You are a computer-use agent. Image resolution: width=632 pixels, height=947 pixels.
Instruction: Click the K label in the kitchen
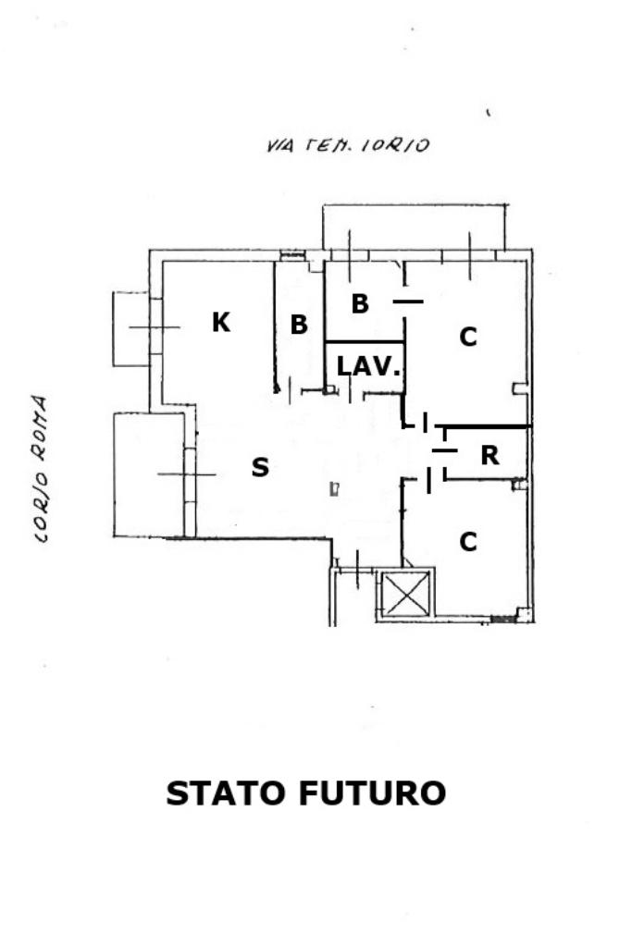pyautogui.click(x=220, y=322)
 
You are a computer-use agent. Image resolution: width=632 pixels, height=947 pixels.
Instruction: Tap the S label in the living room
pyautogui.click(x=260, y=468)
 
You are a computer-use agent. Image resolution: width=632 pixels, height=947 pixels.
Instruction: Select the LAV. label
pyautogui.click(x=368, y=366)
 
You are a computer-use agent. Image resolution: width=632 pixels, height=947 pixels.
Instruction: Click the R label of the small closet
pyautogui.click(x=490, y=455)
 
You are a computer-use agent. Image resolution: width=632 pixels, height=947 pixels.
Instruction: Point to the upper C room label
pyautogui.click(x=468, y=338)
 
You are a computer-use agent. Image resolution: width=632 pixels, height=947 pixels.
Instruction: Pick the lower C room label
pyautogui.click(x=468, y=542)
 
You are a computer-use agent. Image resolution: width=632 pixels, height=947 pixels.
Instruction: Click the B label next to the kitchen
pyautogui.click(x=299, y=325)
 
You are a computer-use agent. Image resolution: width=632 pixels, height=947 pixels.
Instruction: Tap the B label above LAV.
pyautogui.click(x=360, y=303)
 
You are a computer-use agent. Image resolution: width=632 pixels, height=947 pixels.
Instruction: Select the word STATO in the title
pyautogui.click(x=226, y=793)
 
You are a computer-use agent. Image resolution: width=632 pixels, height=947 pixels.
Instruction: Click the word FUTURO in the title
pyautogui.click(x=372, y=793)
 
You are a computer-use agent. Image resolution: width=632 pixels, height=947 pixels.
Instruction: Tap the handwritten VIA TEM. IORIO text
pyautogui.click(x=347, y=145)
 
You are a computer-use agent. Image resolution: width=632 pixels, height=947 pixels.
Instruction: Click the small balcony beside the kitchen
pyautogui.click(x=130, y=327)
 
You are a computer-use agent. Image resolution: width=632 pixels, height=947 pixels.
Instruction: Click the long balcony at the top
pyautogui.click(x=413, y=227)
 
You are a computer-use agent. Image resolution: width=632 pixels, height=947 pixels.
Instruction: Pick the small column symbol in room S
pyautogui.click(x=335, y=489)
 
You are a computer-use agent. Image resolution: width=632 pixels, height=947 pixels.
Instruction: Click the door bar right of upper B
pyautogui.click(x=407, y=301)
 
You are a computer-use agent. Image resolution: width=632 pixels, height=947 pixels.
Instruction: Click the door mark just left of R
pyautogui.click(x=445, y=450)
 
